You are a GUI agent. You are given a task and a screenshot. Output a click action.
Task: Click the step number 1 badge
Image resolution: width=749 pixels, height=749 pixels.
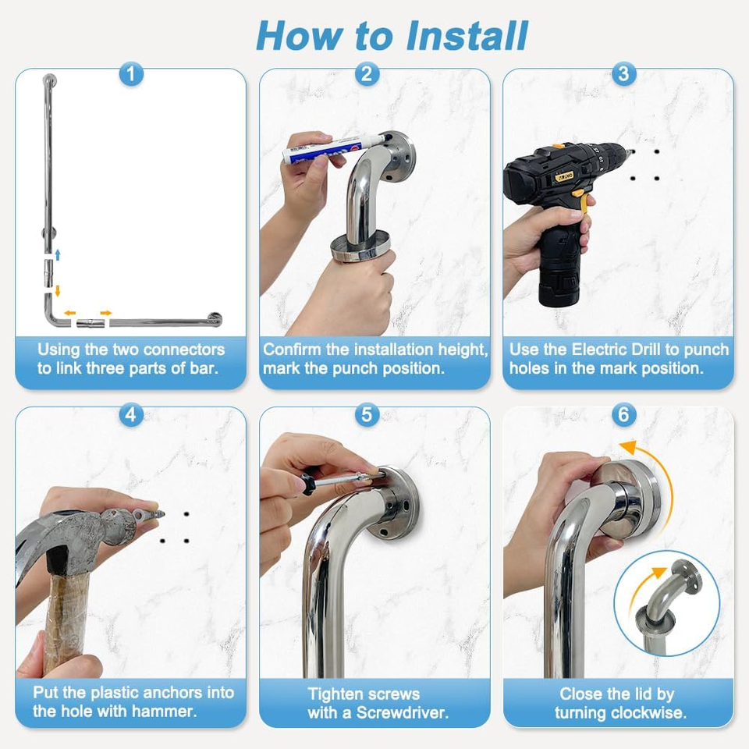pos(131,74)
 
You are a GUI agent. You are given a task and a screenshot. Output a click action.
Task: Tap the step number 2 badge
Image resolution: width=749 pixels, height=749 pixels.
pos(367,74)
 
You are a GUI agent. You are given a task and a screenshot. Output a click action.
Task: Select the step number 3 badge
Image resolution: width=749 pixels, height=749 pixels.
pos(623,74)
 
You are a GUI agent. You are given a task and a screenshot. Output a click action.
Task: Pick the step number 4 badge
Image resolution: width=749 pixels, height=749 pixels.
pos(131,414)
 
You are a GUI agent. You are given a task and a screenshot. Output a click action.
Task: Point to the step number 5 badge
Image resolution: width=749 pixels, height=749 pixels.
pos(367,414)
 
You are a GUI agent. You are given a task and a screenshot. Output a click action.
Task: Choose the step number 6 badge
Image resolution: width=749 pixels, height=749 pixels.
pos(623,414)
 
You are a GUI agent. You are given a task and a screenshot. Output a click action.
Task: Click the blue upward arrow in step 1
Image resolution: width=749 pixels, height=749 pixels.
pos(57,254)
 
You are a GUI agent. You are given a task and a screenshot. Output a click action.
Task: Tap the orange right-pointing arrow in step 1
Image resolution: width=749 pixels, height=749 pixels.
pos(105,313)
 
